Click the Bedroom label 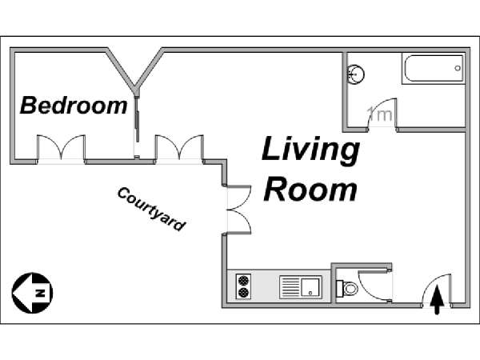click(74, 105)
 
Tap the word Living click(310, 150)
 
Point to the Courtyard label click(151, 209)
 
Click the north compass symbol click(33, 293)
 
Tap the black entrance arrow click(437, 300)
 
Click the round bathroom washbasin click(356, 74)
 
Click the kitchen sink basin click(310, 287)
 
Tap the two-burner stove click(244, 286)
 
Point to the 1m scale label click(380, 114)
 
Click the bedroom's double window click(62, 147)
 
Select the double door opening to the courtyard click(238, 210)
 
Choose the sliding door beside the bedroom click(138, 122)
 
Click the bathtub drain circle click(458, 68)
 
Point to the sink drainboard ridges click(290, 287)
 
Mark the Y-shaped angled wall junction click(135, 86)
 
